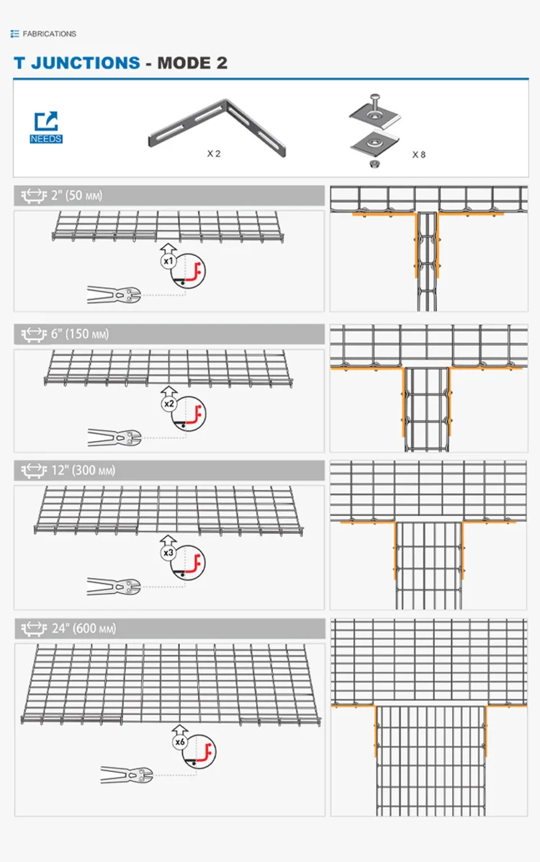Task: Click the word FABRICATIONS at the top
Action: click(49, 34)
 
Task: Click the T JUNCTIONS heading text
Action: click(77, 63)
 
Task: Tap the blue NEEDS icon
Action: click(46, 127)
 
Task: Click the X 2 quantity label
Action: click(213, 154)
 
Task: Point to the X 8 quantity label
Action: click(418, 154)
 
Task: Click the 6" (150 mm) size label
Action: click(80, 334)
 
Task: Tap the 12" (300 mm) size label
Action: click(83, 471)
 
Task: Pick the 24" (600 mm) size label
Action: click(84, 628)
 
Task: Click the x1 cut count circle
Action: click(168, 261)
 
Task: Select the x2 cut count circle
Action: click(168, 404)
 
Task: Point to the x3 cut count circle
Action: click(168, 553)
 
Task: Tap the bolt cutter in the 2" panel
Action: click(113, 293)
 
